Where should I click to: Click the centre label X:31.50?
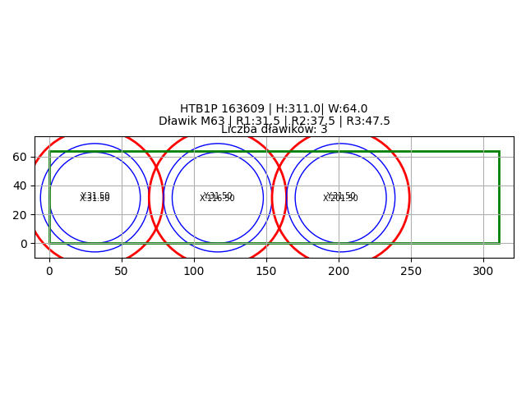[95, 199]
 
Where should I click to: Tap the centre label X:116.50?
[218, 199]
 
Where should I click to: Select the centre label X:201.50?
[340, 199]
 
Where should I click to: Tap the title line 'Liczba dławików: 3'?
[274, 130]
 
